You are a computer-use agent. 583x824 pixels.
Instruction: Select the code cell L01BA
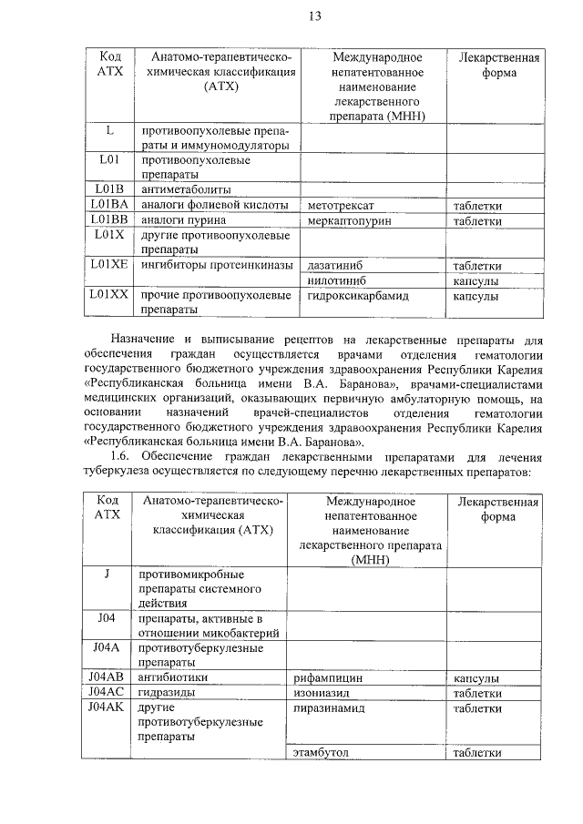[109, 205]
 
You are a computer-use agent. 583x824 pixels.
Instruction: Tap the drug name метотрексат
[342, 206]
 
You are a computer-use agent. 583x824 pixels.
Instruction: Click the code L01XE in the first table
[109, 265]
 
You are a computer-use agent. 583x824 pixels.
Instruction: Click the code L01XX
[109, 296]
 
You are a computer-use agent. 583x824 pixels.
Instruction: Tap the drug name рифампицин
[329, 678]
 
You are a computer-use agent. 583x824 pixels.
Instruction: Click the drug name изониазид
[324, 693]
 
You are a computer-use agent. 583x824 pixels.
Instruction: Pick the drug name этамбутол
[322, 752]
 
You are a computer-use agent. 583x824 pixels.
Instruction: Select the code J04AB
[107, 677]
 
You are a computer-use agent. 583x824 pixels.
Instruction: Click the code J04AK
[107, 707]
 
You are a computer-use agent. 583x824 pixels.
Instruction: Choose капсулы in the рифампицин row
[476, 678]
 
